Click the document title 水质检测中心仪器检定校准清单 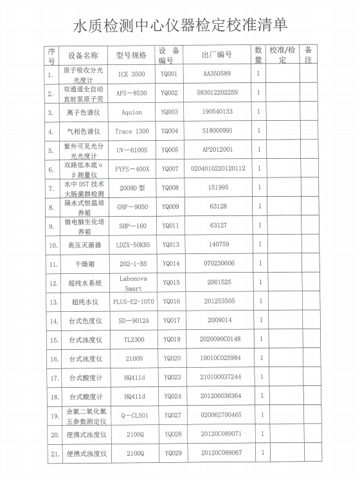(x=181, y=25)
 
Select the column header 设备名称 (x=84, y=55)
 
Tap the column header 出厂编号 (x=217, y=55)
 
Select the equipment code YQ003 (x=170, y=112)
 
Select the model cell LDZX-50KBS (x=134, y=245)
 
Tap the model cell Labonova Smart (x=134, y=283)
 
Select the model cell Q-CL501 (x=135, y=415)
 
